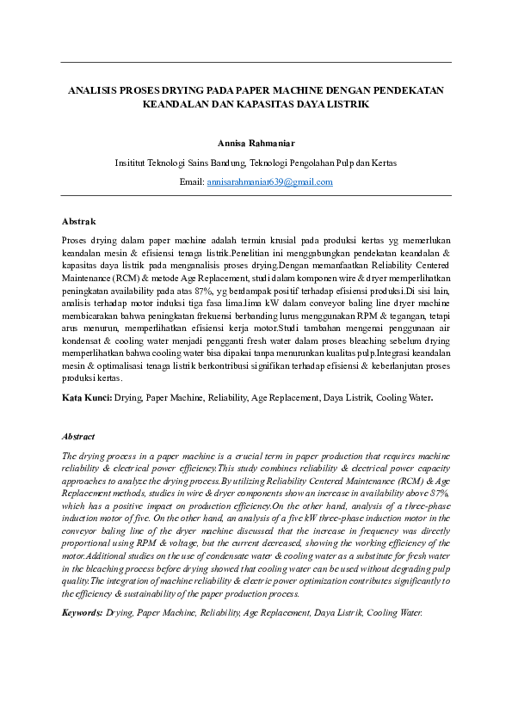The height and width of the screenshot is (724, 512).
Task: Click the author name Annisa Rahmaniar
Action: pyautogui.click(x=256, y=143)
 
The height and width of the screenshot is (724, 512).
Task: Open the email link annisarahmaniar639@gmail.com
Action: pyautogui.click(x=269, y=182)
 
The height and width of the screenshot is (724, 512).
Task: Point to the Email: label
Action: pyautogui.click(x=191, y=182)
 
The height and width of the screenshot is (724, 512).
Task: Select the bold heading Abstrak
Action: pyautogui.click(x=79, y=221)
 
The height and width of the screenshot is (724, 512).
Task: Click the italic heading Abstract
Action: pyautogui.click(x=78, y=437)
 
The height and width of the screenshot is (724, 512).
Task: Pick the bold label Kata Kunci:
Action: pyautogui.click(x=86, y=398)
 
